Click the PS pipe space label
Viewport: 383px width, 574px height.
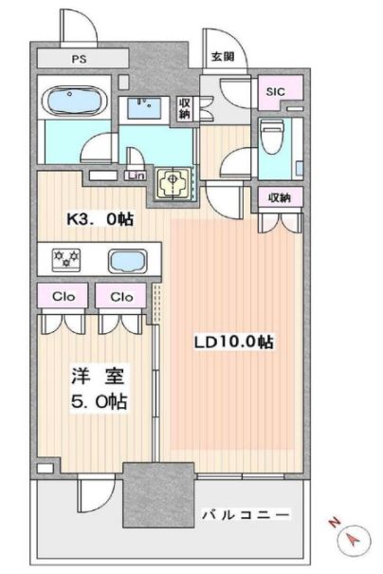79,59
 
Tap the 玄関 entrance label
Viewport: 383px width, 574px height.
223,56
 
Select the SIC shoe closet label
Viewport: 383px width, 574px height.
276,91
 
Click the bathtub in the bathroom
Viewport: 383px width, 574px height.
75,100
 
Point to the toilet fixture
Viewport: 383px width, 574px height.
271,137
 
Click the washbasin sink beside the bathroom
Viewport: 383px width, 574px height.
144,106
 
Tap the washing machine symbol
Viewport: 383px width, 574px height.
173,184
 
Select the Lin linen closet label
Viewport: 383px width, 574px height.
136,176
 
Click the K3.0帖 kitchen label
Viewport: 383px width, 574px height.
100,219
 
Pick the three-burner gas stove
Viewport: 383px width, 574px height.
66,260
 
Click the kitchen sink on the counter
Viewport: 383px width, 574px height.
128,261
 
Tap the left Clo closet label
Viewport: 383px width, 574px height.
64,296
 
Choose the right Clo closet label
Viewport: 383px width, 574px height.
121,296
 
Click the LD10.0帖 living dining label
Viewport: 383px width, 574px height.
233,343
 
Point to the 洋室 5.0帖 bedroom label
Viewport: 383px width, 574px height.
99,389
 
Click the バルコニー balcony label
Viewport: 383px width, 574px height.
246,514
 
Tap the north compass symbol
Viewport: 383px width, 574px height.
354,539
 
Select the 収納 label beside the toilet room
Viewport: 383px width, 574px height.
280,198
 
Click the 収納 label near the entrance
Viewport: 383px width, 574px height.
184,109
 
